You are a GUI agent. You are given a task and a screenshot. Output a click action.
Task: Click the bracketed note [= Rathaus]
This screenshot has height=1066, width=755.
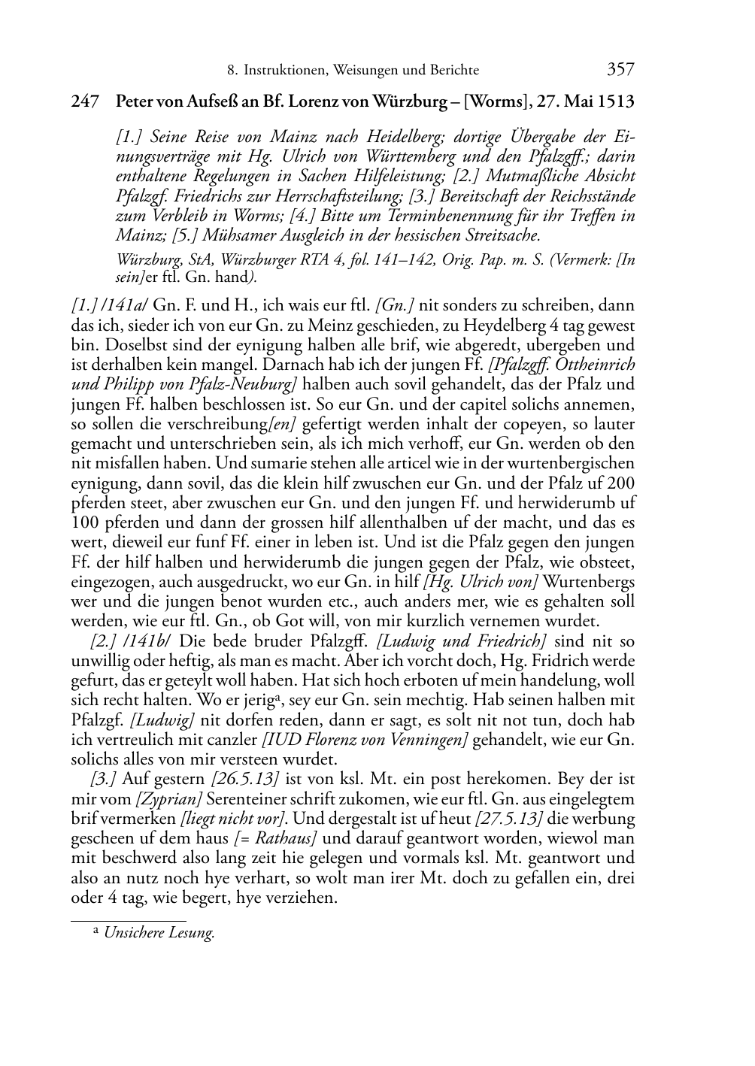279,837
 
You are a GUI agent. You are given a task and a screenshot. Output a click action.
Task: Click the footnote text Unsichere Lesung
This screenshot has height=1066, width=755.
159,933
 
